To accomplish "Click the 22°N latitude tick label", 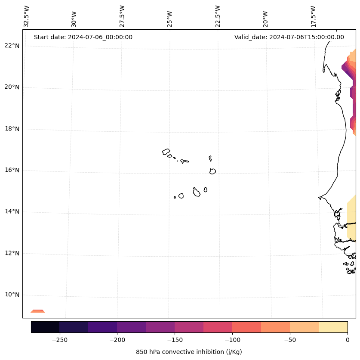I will [12, 46].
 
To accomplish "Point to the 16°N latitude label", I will [12, 170].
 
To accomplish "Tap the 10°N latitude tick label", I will [12, 295].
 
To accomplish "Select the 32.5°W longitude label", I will [27, 16].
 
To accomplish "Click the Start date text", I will [83, 37].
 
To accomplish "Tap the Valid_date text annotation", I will [289, 37].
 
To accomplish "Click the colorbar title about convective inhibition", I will [189, 352].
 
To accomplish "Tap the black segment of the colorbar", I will [45, 327].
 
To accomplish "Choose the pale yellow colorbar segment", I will [333, 327].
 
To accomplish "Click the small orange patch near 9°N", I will [38, 311].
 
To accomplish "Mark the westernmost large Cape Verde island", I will [166, 152].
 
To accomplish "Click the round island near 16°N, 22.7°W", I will [212, 171].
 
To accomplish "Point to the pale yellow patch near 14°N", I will [351, 215].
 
